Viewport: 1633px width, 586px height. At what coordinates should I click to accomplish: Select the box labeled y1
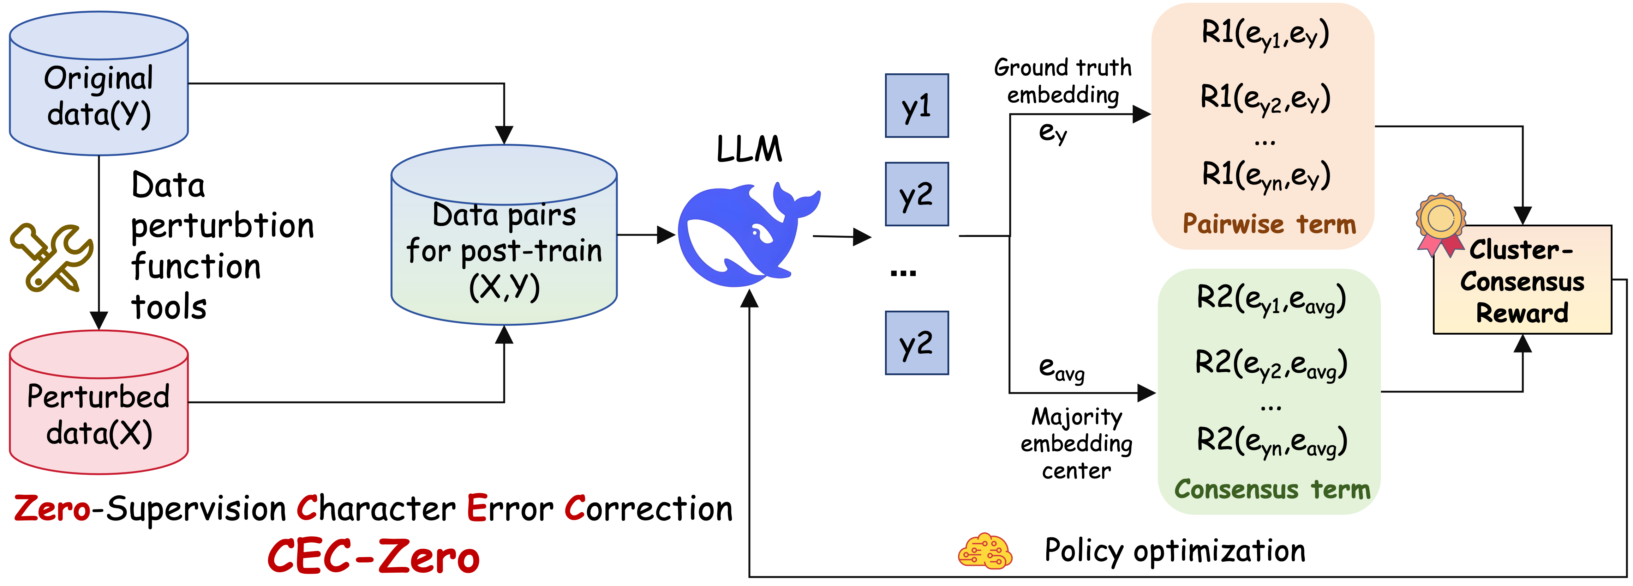pos(917,106)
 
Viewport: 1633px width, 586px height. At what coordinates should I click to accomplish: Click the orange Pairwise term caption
pos(1269,224)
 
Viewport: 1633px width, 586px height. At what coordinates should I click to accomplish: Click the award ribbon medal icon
pos(1440,223)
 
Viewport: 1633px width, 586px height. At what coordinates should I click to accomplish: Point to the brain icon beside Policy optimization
pos(985,551)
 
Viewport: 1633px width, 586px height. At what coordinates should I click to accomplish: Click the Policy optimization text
pos(1175,550)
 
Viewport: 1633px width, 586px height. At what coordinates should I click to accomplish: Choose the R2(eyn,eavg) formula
pos(1272,441)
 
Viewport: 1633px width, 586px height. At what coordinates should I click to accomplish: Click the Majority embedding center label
pos(1076,444)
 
